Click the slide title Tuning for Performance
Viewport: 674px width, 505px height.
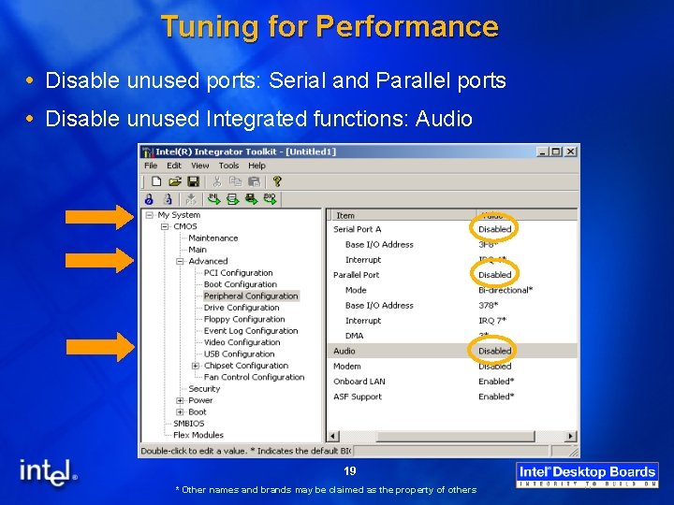[330, 26]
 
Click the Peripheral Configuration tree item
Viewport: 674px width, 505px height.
[251, 296]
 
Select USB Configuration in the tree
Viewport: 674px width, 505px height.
[239, 354]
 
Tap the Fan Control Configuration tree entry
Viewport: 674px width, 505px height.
[254, 378]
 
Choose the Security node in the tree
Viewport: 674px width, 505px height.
[204, 389]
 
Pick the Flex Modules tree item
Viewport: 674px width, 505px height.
[198, 435]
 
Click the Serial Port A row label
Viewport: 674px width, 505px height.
[358, 229]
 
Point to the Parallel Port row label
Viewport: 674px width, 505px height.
[357, 275]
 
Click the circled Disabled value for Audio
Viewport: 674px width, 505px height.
[494, 352]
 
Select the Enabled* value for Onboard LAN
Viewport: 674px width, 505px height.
[495, 382]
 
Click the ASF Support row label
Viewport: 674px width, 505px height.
[358, 397]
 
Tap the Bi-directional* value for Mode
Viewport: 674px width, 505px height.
[505, 290]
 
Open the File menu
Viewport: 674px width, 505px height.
[150, 166]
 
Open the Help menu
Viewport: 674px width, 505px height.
[256, 166]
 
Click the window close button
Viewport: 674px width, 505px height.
[571, 151]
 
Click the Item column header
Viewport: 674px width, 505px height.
[345, 215]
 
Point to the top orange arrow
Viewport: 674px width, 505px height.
[99, 218]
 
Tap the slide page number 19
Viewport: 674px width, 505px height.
[349, 471]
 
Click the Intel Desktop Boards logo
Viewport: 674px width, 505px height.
[588, 475]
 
